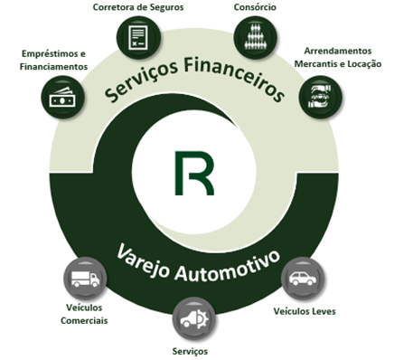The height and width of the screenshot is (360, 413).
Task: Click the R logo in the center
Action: tap(194, 173)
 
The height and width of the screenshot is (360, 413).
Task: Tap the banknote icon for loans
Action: tap(62, 98)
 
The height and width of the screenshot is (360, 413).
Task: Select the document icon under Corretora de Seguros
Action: tap(138, 37)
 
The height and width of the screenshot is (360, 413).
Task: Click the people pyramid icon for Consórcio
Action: tap(256, 37)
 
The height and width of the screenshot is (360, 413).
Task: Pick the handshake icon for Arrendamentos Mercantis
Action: tap(320, 97)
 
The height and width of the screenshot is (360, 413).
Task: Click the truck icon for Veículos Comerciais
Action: tap(85, 279)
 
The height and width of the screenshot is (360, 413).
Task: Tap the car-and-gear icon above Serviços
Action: tap(194, 319)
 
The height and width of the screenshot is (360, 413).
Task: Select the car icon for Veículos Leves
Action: tap(303, 279)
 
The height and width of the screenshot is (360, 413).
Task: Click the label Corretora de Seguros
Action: tap(138, 7)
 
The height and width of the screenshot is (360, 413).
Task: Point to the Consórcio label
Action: tap(255, 7)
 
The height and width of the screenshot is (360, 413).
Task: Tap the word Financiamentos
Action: tap(53, 67)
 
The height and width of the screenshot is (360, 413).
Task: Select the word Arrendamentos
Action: tap(338, 51)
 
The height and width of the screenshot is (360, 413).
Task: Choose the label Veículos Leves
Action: tap(305, 311)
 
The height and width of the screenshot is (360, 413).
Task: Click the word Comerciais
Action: tap(84, 320)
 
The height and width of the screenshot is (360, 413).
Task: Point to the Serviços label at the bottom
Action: tap(190, 352)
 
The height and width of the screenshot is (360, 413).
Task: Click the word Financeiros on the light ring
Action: tap(234, 75)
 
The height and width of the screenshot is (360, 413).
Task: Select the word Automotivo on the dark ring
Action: tap(228, 267)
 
